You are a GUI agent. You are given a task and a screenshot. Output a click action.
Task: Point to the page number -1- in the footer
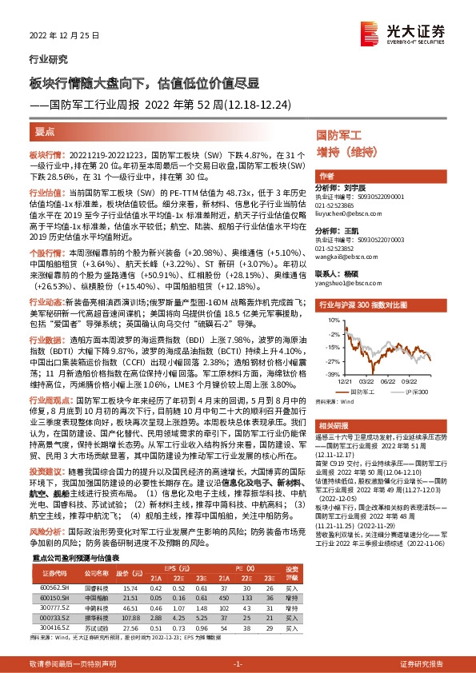click(237, 663)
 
